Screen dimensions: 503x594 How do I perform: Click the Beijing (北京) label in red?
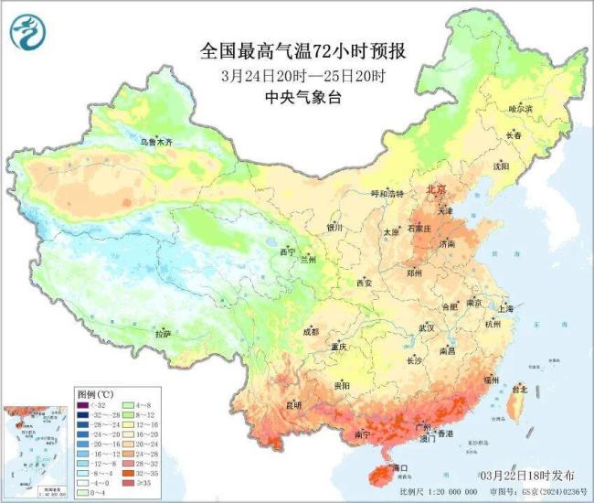435,189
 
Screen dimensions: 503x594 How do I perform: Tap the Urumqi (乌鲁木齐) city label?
155,143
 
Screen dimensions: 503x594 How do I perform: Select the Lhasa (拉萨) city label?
163,335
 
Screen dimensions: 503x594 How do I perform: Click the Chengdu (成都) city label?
310,331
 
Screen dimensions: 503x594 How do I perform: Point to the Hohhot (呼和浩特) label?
379,194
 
